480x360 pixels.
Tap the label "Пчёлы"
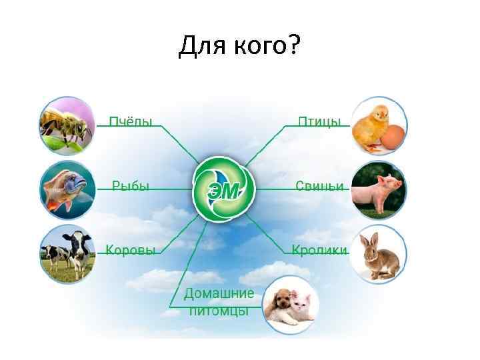131,121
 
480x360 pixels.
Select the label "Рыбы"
131,186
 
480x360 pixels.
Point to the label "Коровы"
131,251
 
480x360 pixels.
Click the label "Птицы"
319,121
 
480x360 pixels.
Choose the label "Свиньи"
320,186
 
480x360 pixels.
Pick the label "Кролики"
319,251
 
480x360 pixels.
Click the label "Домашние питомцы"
219,302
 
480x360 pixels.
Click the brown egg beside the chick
393,136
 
